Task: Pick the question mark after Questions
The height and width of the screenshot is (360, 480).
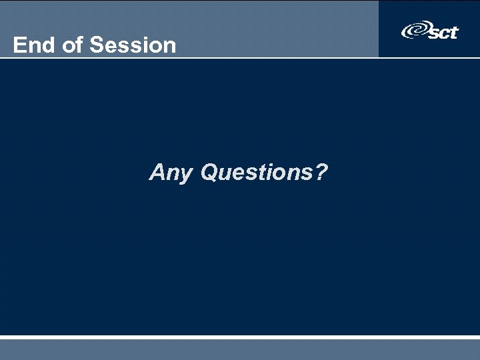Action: (321, 173)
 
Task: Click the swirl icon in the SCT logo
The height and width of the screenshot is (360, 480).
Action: (415, 31)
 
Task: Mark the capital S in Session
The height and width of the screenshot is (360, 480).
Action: (96, 45)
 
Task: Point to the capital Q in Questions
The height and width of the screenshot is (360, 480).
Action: (210, 173)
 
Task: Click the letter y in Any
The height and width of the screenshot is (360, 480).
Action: (187, 175)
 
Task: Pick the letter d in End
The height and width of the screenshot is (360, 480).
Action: (46, 45)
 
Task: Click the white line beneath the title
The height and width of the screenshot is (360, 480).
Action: (240, 58)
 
